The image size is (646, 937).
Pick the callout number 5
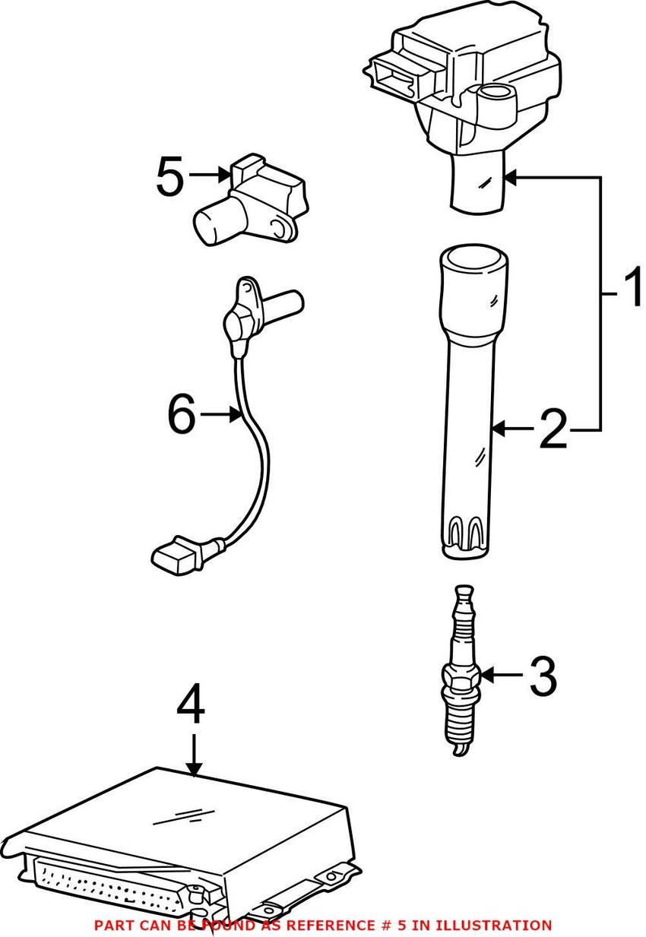click(x=170, y=176)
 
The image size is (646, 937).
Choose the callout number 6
click(x=182, y=414)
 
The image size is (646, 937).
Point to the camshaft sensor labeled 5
click(x=251, y=201)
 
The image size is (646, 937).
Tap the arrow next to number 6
click(x=221, y=414)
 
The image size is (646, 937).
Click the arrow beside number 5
click(x=210, y=176)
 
